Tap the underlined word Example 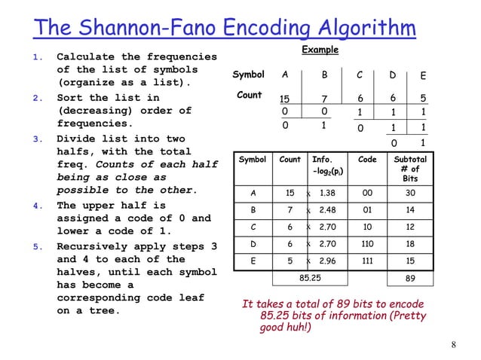320,50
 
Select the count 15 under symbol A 285,99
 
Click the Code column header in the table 367,160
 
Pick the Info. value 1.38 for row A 327,193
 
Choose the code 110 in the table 368,244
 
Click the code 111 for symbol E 368,261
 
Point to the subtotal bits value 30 411,193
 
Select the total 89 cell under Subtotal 411,279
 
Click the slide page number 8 454,345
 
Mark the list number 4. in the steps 36,205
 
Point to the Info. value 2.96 327,261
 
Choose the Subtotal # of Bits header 411,169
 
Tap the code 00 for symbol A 368,193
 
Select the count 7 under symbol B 323,99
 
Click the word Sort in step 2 70,98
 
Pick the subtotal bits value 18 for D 411,244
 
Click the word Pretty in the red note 405,316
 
